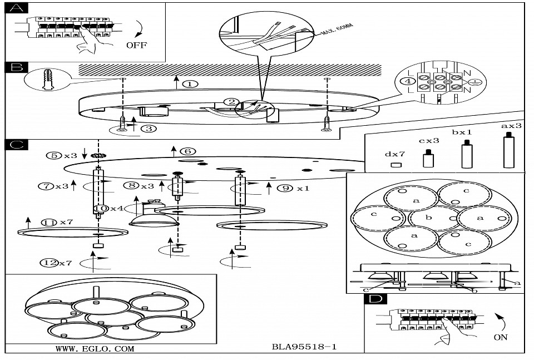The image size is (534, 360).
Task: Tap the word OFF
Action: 136,45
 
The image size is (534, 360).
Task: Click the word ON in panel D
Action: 500,337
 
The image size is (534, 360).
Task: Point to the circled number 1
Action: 190,85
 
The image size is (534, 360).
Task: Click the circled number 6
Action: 188,151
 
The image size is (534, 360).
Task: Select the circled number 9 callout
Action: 284,188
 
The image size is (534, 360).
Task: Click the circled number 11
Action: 51,222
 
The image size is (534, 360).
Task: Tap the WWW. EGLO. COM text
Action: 95,349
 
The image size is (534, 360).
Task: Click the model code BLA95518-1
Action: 304,346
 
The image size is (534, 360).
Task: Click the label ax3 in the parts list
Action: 511,126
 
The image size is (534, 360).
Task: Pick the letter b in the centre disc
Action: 428,218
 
